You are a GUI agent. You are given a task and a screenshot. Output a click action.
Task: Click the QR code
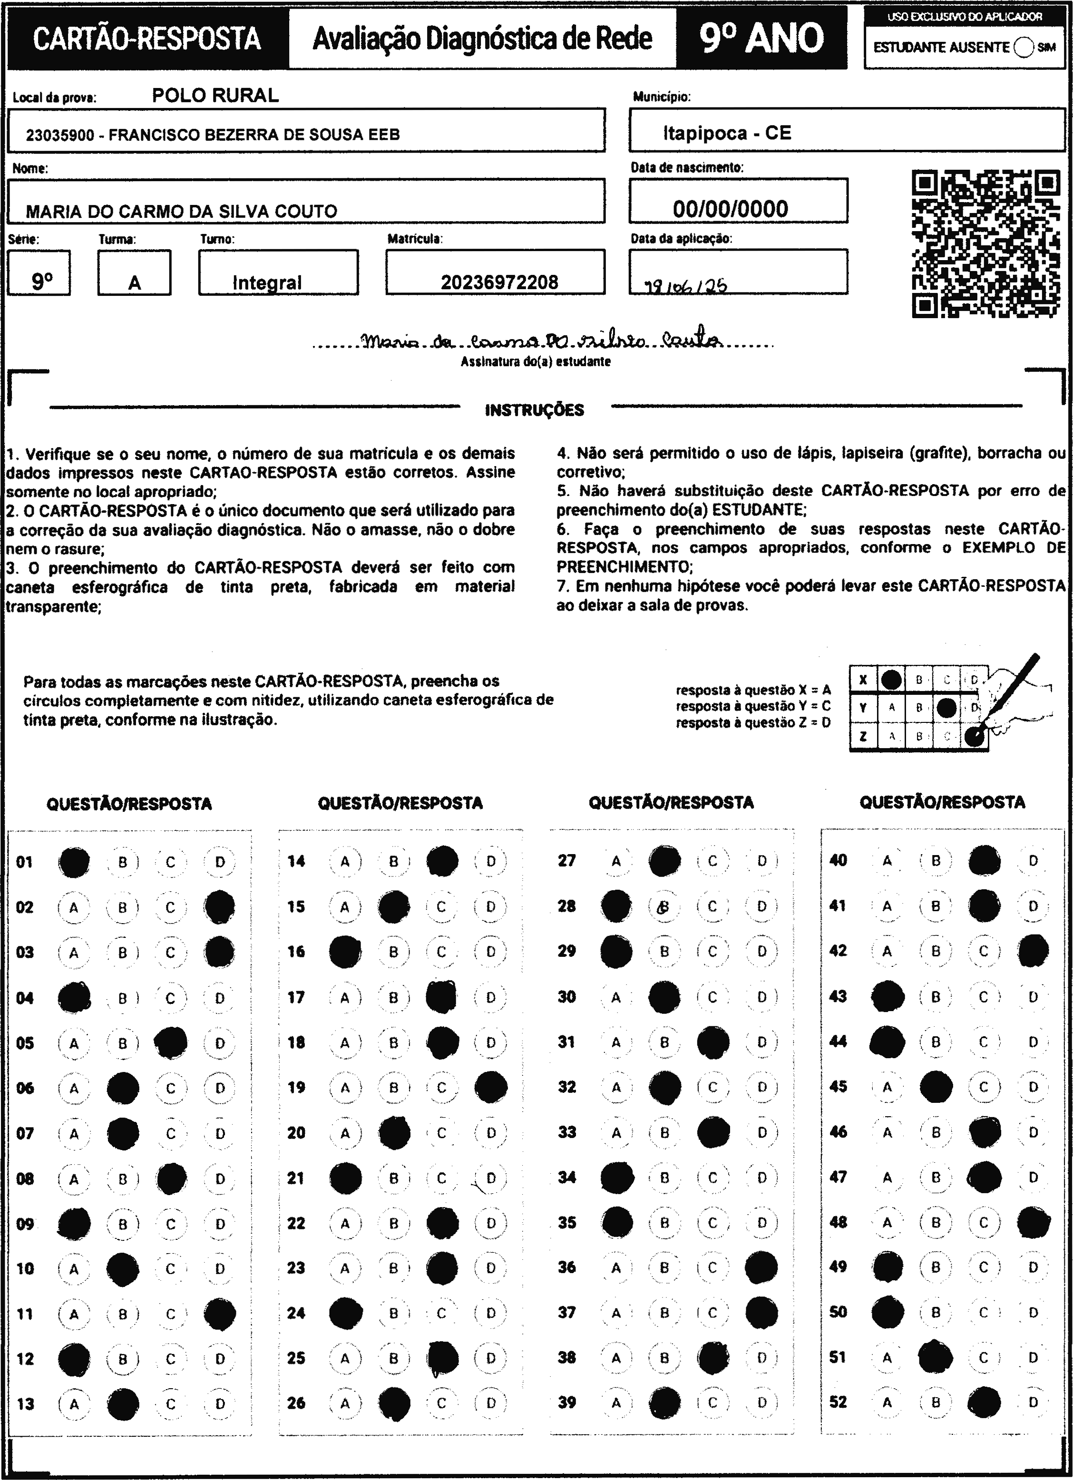tap(985, 243)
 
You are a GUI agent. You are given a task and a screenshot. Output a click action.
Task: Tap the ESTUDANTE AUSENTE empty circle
tap(1024, 48)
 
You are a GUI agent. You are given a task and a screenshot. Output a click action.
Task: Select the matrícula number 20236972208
tap(499, 282)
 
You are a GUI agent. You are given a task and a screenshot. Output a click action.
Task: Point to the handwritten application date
tap(685, 286)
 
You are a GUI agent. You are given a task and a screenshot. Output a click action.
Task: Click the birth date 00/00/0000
tap(731, 209)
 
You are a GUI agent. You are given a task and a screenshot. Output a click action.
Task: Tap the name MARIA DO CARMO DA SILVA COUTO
tap(181, 211)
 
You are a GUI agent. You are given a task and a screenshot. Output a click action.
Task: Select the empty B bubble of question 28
tap(664, 906)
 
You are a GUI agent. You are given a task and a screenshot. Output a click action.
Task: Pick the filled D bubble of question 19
tap(491, 1087)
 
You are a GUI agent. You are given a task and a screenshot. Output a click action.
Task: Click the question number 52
tap(838, 1402)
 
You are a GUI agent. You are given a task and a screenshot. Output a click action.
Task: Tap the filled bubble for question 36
tap(761, 1267)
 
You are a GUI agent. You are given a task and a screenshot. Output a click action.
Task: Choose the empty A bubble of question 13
tap(74, 1403)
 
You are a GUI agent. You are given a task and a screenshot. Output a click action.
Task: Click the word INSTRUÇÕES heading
tap(535, 410)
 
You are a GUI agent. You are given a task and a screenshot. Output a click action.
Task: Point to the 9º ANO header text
tap(761, 38)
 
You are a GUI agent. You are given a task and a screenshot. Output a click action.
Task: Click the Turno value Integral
tap(267, 282)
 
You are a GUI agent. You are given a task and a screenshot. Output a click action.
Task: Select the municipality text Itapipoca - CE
tap(727, 133)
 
